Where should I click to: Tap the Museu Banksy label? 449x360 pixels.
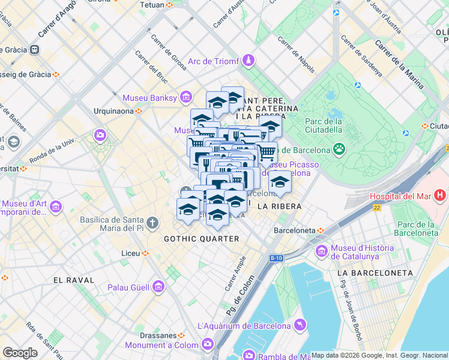pyautogui.click(x=149, y=98)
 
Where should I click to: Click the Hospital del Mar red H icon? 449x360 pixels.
pyautogui.click(x=441, y=196)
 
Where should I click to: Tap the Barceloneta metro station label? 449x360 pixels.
pyautogui.click(x=295, y=230)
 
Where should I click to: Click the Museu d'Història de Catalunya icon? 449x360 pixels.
pyautogui.click(x=322, y=250)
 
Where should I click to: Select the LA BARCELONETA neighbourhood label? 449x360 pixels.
pyautogui.click(x=375, y=273)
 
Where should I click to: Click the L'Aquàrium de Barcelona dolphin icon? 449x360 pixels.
pyautogui.click(x=300, y=325)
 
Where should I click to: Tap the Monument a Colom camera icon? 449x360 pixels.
pyautogui.click(x=208, y=344)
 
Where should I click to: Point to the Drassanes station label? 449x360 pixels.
pyautogui.click(x=160, y=335)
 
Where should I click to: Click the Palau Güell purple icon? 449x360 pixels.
pyautogui.click(x=158, y=287)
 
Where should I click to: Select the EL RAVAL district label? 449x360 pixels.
pyautogui.click(x=74, y=280)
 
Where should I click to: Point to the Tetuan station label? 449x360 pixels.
pyautogui.click(x=151, y=5)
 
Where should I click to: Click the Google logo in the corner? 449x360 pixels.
pyautogui.click(x=20, y=353)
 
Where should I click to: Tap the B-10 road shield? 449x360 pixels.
pyautogui.click(x=276, y=259)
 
